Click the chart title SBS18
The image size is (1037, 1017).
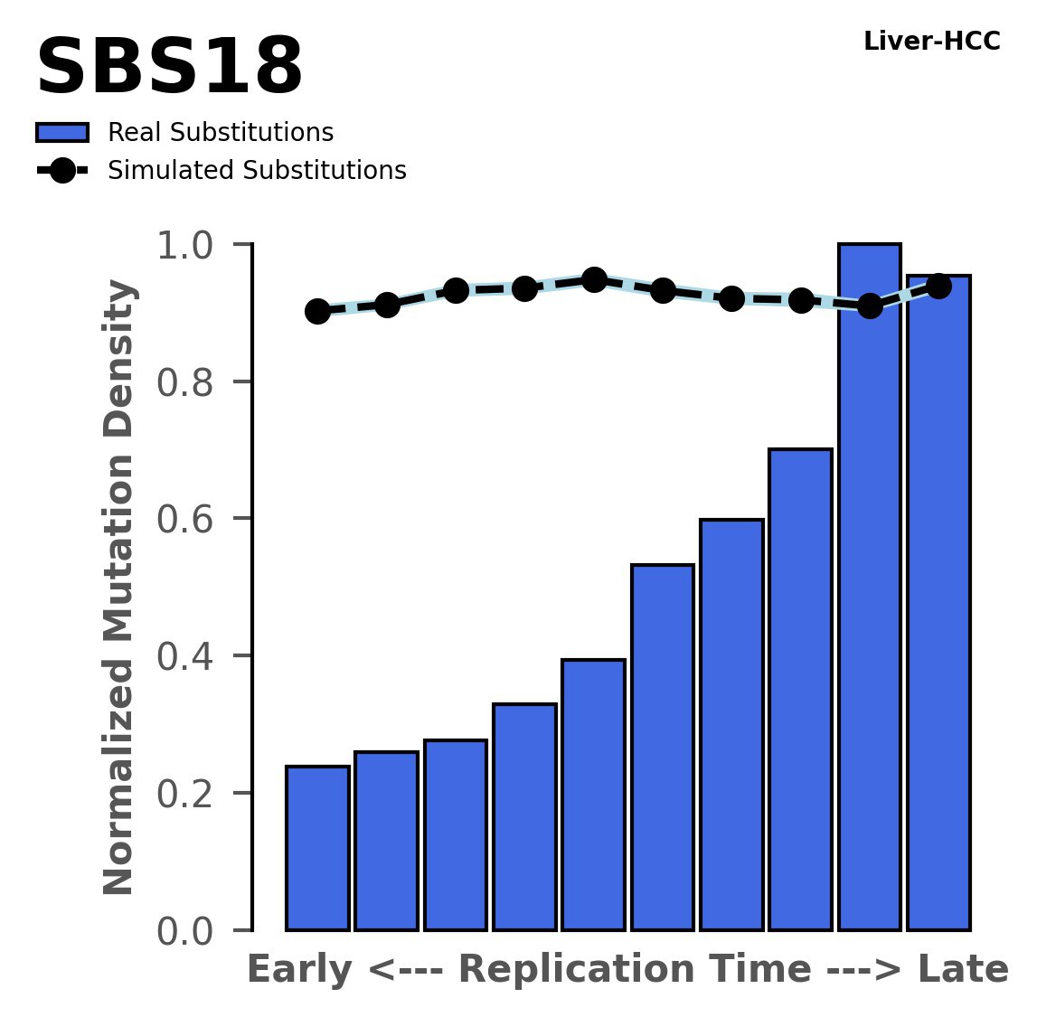[x=169, y=69]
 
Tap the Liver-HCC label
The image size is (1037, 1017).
[x=931, y=42]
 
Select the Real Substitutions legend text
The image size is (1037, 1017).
[x=221, y=133]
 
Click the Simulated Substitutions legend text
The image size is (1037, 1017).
[x=257, y=171]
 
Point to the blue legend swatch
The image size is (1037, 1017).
[x=62, y=133]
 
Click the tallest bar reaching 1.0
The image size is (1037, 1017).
[x=869, y=588]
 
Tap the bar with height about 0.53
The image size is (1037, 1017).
[x=662, y=747]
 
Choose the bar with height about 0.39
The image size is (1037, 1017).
[x=593, y=795]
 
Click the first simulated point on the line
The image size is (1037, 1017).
[x=317, y=311]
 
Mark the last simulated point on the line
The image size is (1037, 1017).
[x=938, y=286]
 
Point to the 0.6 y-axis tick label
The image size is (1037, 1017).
[x=191, y=519]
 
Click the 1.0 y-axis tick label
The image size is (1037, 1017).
[x=191, y=245]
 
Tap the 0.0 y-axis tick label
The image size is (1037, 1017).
[x=191, y=931]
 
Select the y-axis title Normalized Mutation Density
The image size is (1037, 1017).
[x=119, y=588]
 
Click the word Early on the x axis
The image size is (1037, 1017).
[x=300, y=970]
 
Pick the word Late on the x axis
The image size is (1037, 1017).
[x=963, y=970]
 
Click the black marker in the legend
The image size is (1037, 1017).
[x=62, y=171]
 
